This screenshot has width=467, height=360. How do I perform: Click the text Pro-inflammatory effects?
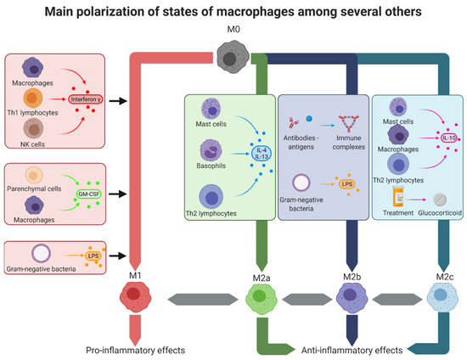pyautogui.click(x=133, y=350)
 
